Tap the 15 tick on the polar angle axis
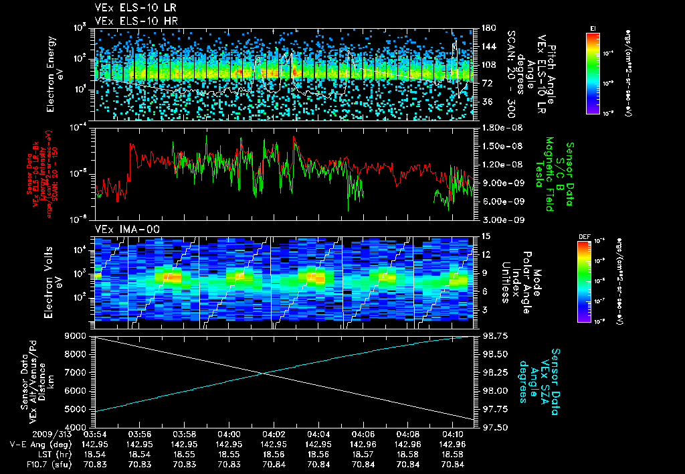pos(485,236)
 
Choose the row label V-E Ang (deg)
pos(36,444)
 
